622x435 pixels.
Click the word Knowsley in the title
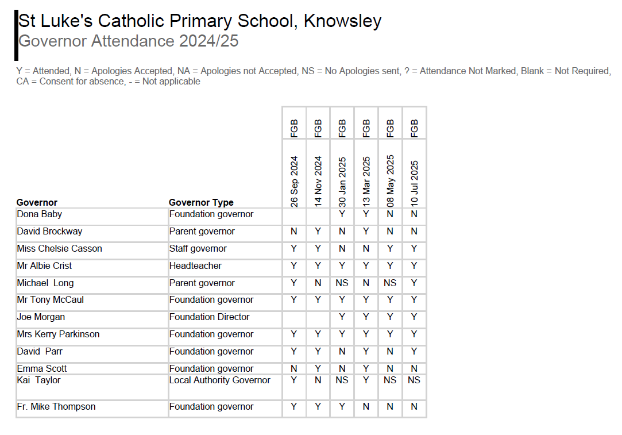[x=342, y=21]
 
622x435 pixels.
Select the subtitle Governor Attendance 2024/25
[x=129, y=41]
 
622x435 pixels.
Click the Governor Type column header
[x=201, y=202]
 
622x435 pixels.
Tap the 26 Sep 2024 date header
[x=294, y=181]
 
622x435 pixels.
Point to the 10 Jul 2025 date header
[x=415, y=183]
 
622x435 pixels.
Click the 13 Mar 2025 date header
[x=366, y=182]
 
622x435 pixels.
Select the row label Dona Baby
[x=40, y=214]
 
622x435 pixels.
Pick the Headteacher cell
[x=195, y=266]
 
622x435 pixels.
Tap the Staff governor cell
[x=198, y=249]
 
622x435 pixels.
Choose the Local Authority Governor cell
[x=219, y=380]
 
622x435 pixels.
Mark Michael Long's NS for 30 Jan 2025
[x=342, y=283]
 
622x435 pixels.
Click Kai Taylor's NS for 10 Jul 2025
[x=414, y=380]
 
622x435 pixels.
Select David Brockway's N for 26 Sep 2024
[x=294, y=232]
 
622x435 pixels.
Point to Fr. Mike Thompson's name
[x=56, y=407]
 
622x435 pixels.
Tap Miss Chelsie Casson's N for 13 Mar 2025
[x=366, y=249]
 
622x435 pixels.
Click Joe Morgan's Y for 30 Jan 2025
[x=342, y=317]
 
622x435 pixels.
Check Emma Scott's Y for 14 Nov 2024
[x=318, y=369]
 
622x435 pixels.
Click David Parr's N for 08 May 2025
[x=390, y=352]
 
